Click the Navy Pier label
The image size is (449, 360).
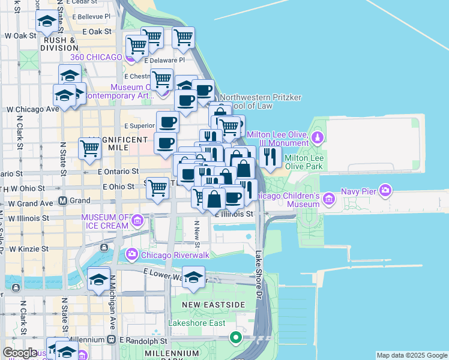tap(358, 191)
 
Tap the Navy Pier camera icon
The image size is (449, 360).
tap(385, 191)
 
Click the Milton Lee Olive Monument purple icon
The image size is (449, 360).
tap(318, 139)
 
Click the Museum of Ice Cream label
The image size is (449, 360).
tap(104, 221)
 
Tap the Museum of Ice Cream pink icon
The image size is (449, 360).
tap(137, 221)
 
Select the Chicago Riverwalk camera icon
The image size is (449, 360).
tap(131, 255)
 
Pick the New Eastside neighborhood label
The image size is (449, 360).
tap(215, 305)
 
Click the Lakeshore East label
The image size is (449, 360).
tap(197, 323)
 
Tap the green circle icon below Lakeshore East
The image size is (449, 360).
tap(236, 337)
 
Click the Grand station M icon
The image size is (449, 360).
tap(62, 200)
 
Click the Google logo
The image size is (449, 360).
tap(20, 353)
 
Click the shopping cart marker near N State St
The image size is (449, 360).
tap(90, 148)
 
